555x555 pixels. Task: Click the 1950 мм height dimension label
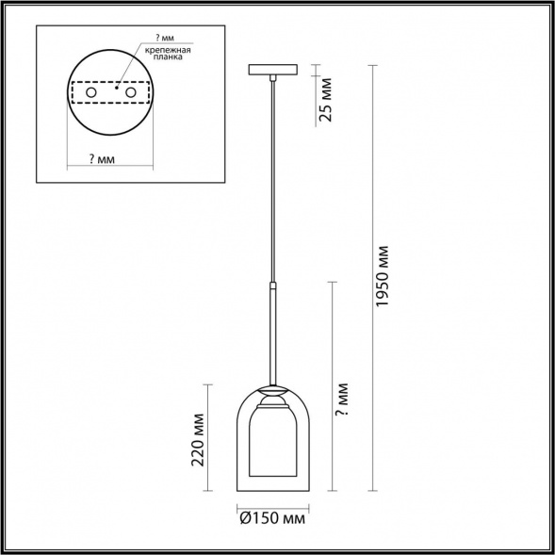[383, 276]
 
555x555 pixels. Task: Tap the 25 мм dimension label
[326, 100]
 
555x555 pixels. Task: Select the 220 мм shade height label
[198, 440]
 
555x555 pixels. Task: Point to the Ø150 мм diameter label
[272, 518]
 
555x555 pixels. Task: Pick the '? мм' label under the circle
[102, 159]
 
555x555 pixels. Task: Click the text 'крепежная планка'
[168, 53]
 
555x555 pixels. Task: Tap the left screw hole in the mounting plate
[91, 92]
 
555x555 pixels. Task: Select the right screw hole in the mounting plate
[131, 92]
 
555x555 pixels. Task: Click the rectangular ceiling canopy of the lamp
[273, 70]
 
